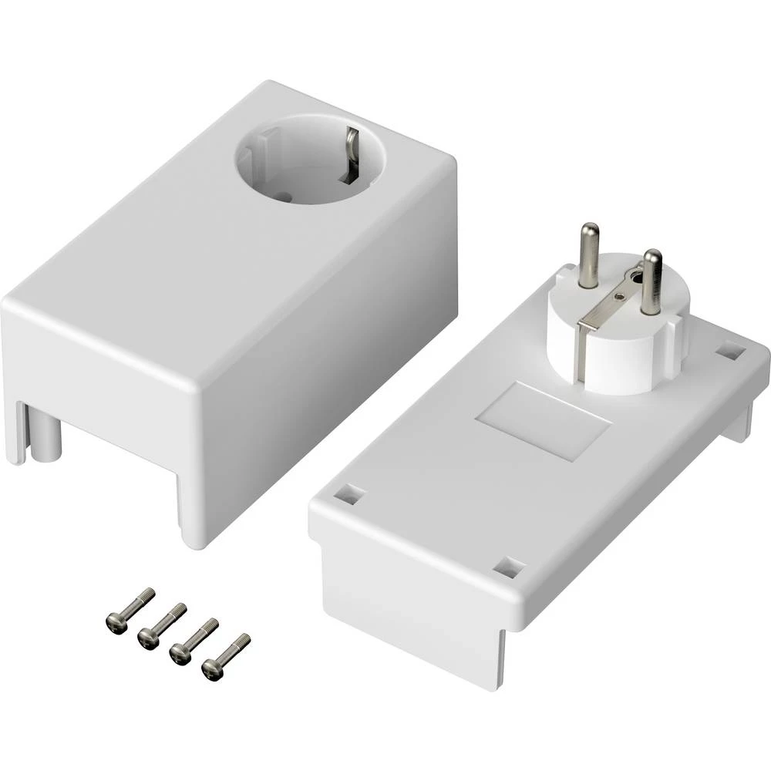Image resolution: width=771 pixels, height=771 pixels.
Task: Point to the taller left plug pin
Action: (590, 254)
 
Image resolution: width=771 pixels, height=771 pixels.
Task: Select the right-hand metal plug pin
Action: (651, 281)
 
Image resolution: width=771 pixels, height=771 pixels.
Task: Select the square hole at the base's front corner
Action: (509, 568)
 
